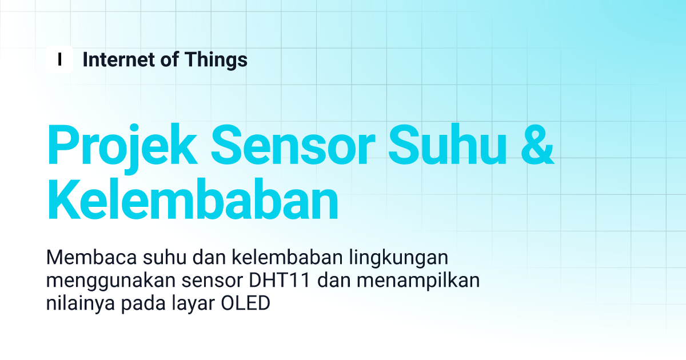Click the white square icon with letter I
pos(59,59)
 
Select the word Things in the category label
pos(216,60)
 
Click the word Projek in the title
pos(122,147)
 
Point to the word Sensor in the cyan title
pos(293,145)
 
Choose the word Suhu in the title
pos(447,145)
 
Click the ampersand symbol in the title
pos(537,145)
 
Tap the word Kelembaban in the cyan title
pos(193,199)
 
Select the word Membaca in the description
pos(91,257)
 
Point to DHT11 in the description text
pos(280,280)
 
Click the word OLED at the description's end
pos(246,303)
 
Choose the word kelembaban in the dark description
pos(287,257)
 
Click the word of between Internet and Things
pos(170,59)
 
